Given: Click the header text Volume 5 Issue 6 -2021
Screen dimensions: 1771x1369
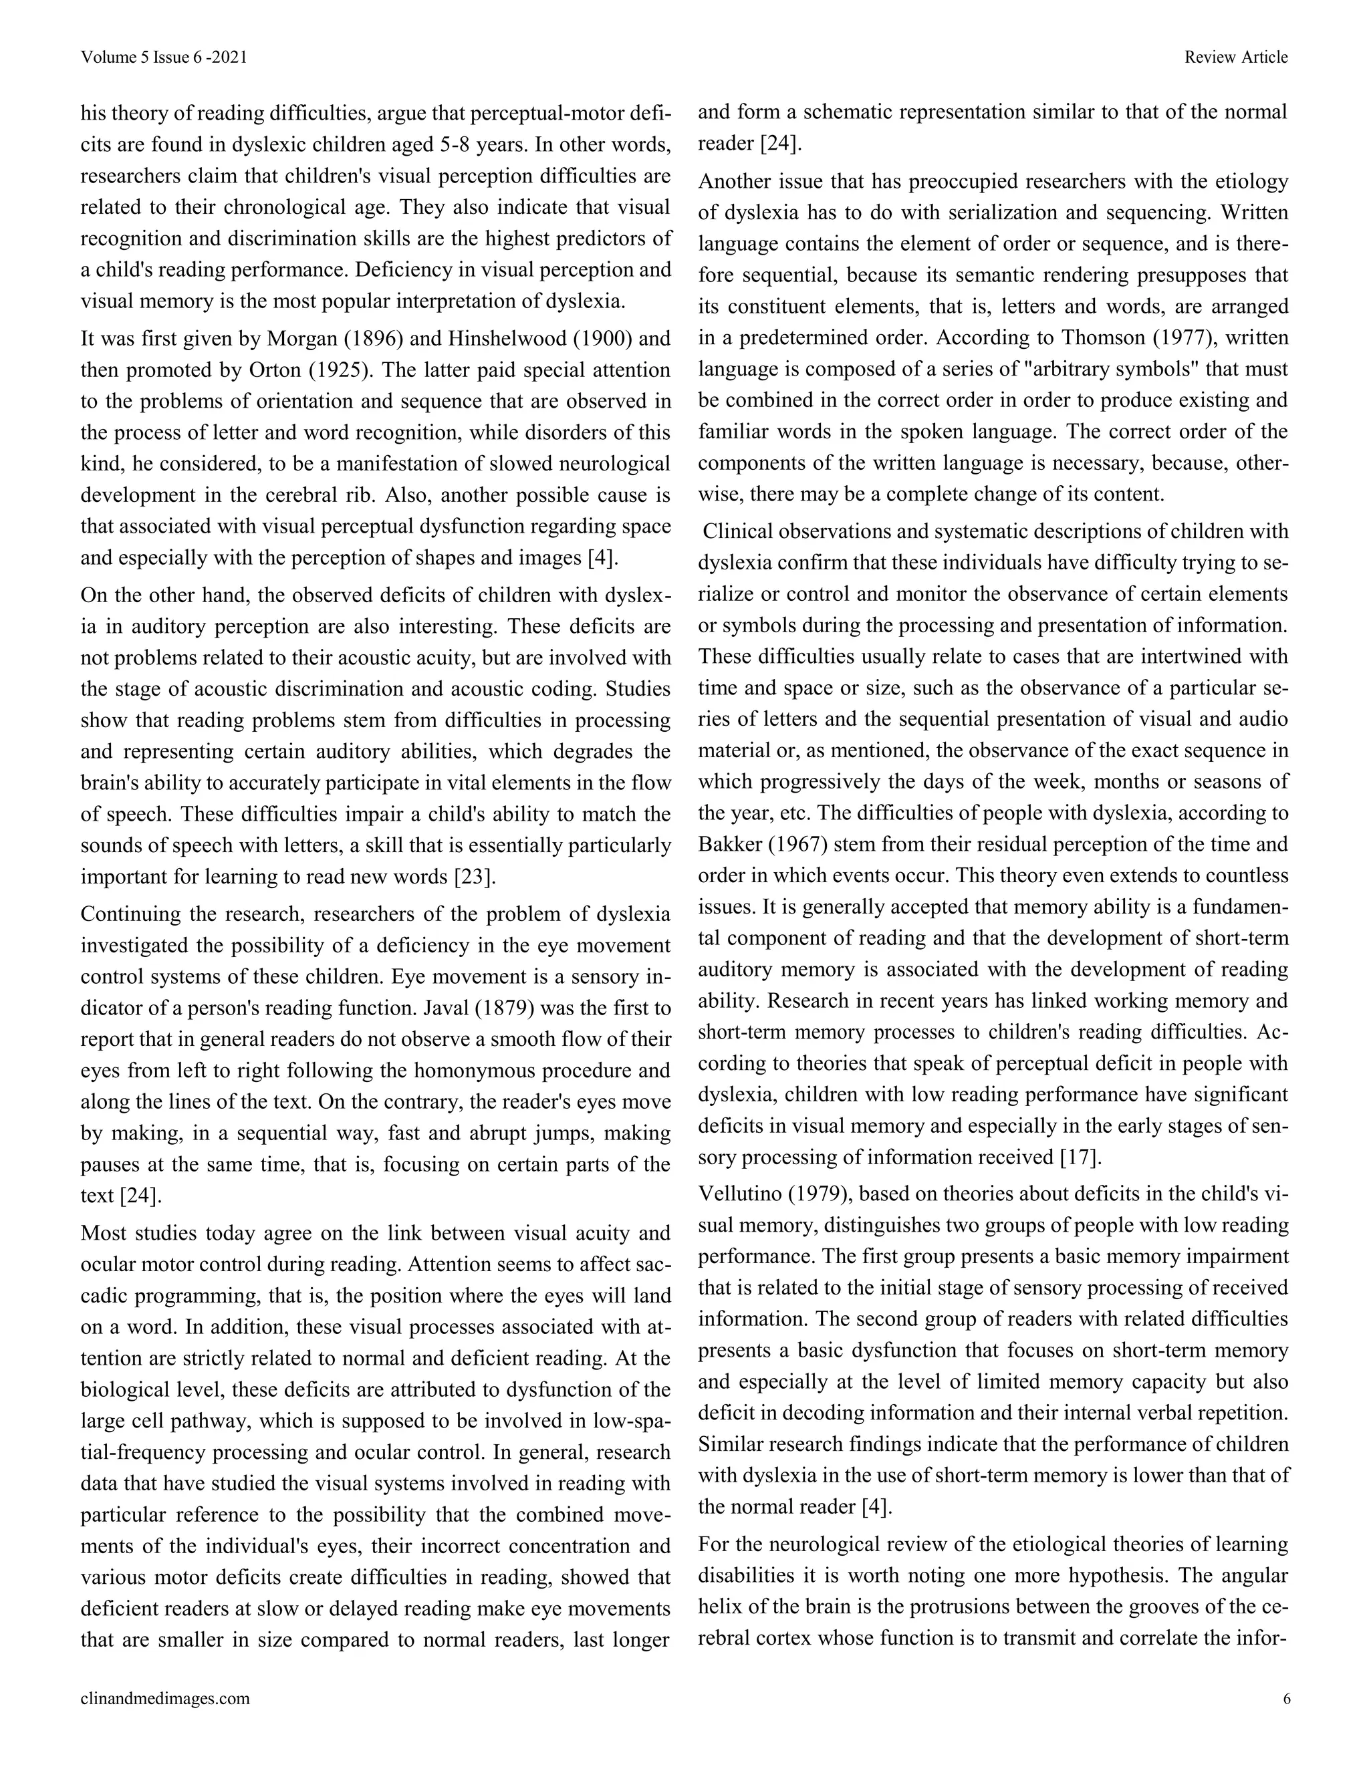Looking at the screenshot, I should pyautogui.click(x=163, y=57).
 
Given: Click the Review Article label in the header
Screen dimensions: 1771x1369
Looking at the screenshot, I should pyautogui.click(x=1235, y=57).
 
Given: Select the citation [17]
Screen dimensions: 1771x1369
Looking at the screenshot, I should pyautogui.click(x=1080, y=1157).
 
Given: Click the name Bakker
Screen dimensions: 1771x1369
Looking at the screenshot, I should pyautogui.click(x=727, y=844).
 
